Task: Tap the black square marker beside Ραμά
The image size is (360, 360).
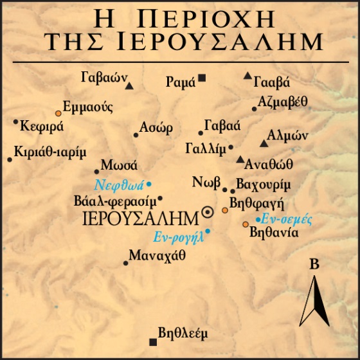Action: (x=202, y=78)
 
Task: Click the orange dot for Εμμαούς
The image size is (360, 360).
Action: (x=59, y=113)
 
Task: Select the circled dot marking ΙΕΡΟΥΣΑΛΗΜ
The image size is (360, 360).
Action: (x=208, y=212)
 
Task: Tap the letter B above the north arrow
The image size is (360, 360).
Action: (x=314, y=263)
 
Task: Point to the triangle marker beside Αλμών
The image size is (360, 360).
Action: (x=263, y=143)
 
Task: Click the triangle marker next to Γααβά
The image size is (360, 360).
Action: (x=248, y=76)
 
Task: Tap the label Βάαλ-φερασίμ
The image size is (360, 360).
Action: (x=115, y=200)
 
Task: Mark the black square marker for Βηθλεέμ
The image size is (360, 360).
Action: (x=152, y=341)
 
